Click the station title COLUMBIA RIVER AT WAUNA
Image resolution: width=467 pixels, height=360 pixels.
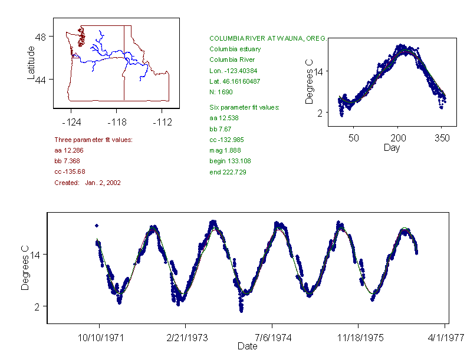(268, 38)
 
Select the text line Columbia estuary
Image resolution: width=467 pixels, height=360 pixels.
(235, 49)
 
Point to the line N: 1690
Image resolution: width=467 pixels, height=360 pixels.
(221, 92)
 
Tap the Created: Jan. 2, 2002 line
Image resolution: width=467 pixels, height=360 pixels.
(87, 183)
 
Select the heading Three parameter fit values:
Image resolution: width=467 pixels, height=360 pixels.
(93, 140)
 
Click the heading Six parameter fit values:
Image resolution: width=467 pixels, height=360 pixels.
(244, 107)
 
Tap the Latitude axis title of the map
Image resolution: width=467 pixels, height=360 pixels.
(31, 62)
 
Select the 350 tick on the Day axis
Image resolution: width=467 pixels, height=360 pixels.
(442, 138)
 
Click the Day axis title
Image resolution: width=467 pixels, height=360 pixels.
(392, 148)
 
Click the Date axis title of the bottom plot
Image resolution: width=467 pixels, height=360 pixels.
(248, 346)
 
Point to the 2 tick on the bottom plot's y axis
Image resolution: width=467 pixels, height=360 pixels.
(37, 306)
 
